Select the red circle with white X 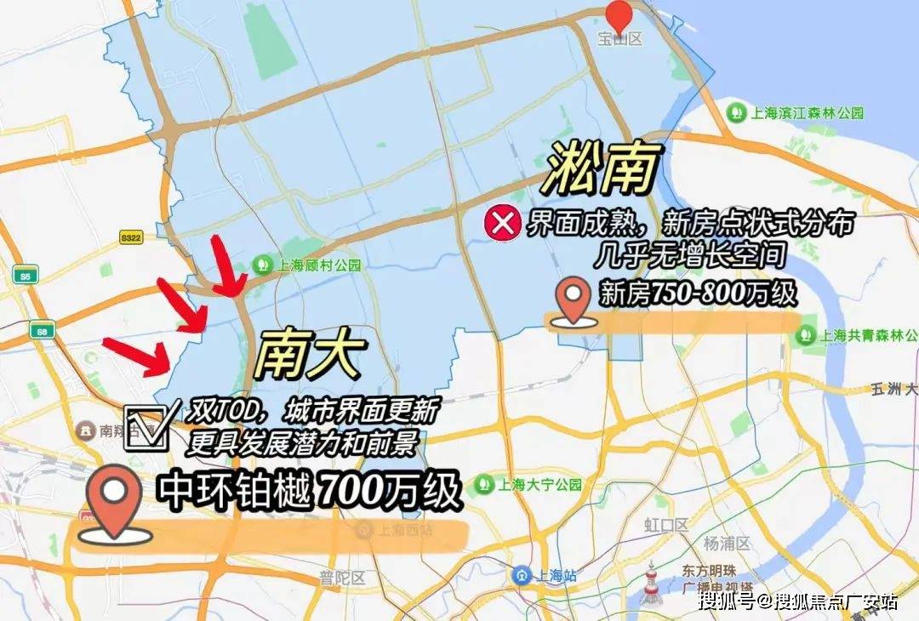502,224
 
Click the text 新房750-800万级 698,293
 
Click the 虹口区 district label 665,525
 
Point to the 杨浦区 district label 726,543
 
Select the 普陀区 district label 342,578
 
